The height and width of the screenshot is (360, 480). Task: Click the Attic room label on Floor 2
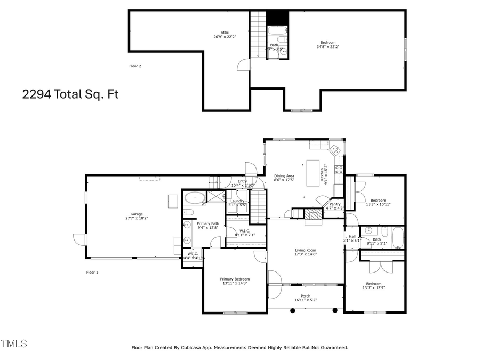(217, 33)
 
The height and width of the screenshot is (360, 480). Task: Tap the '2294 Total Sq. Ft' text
(70, 94)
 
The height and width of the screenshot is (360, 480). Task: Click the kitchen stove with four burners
(338, 170)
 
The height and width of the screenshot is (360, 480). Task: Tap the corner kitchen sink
(335, 149)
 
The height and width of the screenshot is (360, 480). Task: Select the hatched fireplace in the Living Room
(313, 214)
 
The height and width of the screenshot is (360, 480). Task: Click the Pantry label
(335, 204)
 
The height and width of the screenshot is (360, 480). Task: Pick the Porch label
(306, 296)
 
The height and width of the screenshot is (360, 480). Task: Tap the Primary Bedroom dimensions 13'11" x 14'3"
(235, 283)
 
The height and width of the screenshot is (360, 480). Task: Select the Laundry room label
(237, 201)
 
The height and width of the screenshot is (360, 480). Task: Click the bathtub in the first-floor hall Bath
(397, 237)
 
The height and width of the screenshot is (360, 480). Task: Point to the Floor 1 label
(92, 272)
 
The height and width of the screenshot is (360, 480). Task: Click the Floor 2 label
(135, 66)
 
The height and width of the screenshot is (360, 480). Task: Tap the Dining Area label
(284, 176)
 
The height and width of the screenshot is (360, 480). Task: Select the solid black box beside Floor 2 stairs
(277, 18)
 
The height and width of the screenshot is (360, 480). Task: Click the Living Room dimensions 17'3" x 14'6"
(306, 254)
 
